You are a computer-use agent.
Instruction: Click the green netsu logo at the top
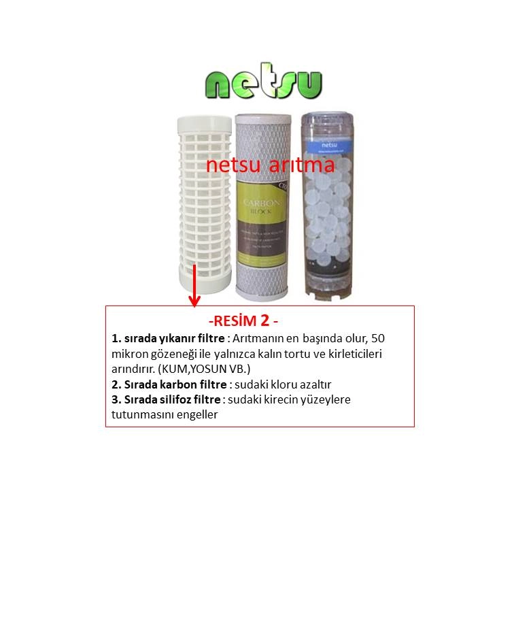coord(263,82)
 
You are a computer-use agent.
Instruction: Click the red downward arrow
coord(194,286)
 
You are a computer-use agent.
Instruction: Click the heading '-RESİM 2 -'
coord(243,320)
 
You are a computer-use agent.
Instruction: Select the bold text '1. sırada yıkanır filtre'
coord(169,338)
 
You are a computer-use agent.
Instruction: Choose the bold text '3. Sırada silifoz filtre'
coord(166,399)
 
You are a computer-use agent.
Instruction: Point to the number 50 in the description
coord(381,338)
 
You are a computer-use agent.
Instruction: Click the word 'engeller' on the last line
coord(196,414)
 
